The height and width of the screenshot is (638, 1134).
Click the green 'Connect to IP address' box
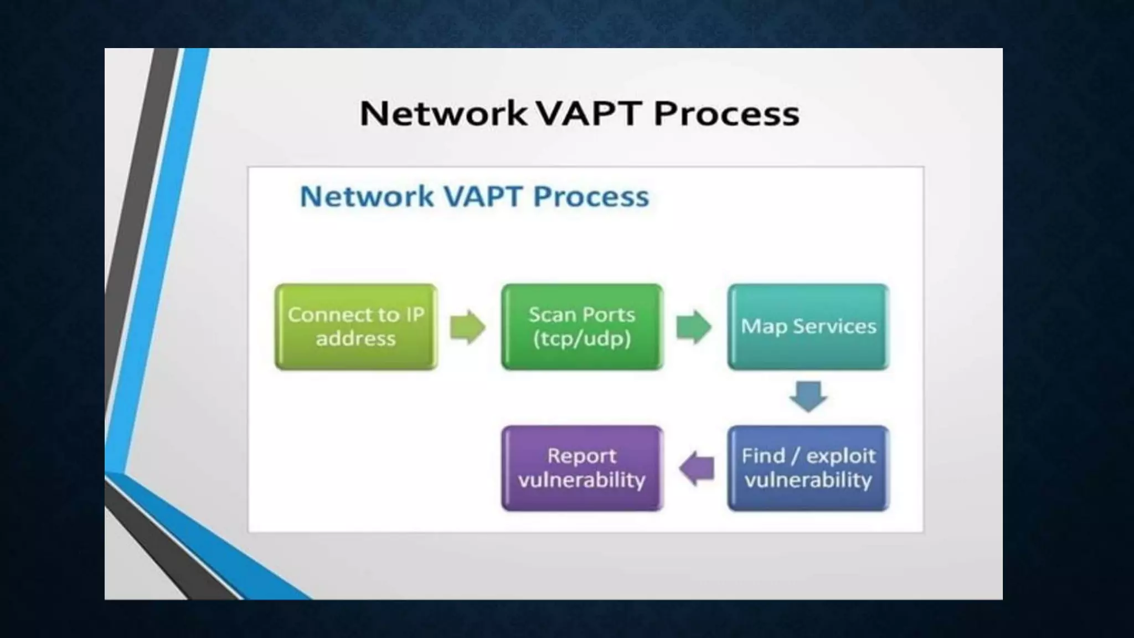(x=356, y=327)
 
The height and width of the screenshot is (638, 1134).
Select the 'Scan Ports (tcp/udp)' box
(x=582, y=327)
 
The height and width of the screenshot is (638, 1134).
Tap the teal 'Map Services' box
(x=808, y=327)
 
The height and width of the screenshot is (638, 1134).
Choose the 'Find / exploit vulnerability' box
(x=808, y=468)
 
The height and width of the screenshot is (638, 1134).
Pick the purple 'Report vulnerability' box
(x=582, y=468)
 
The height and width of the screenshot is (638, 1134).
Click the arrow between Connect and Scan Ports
(x=468, y=327)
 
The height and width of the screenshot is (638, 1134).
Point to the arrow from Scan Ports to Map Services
(x=694, y=327)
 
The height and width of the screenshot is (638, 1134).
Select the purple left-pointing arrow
(x=697, y=469)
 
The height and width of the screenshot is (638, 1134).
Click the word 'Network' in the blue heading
(x=367, y=197)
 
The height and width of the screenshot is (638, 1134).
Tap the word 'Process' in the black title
(x=726, y=114)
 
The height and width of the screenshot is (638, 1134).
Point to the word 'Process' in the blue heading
(x=591, y=197)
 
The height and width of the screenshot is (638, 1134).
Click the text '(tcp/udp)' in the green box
(x=582, y=338)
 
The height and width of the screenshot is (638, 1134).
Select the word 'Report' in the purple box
(x=581, y=456)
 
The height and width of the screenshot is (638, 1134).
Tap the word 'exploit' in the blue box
(x=841, y=456)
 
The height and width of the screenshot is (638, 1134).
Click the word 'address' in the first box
(x=356, y=338)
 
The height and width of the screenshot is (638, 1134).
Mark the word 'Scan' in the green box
(x=549, y=315)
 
